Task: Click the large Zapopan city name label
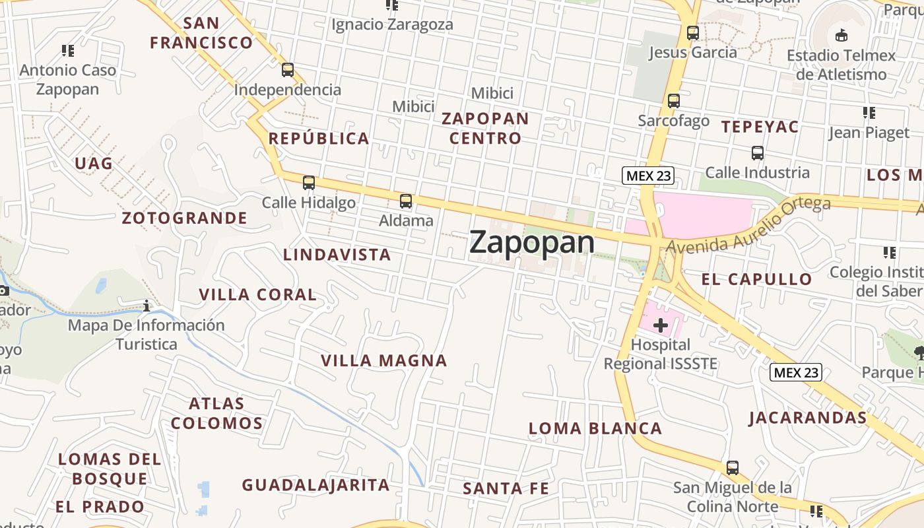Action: tap(532, 243)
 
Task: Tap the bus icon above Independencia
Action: tap(288, 70)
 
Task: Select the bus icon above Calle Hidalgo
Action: tap(308, 183)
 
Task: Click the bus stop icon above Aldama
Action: tap(406, 201)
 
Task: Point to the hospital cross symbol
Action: tap(661, 325)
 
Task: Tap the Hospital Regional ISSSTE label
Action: tap(660, 354)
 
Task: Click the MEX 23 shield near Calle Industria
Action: tap(648, 176)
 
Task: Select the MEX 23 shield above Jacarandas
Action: tap(797, 372)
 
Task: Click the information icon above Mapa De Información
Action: tap(147, 306)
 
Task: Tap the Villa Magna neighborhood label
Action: tap(384, 360)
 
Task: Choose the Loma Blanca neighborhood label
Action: tap(595, 428)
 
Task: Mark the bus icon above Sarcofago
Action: tap(674, 101)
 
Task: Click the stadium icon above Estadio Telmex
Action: tap(841, 36)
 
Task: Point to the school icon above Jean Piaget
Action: tap(869, 113)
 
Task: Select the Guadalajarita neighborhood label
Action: tap(316, 485)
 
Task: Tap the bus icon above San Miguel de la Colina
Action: tap(733, 468)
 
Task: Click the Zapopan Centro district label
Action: tap(485, 129)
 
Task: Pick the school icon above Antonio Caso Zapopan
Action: tap(67, 50)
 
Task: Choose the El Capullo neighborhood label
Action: tap(756, 279)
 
